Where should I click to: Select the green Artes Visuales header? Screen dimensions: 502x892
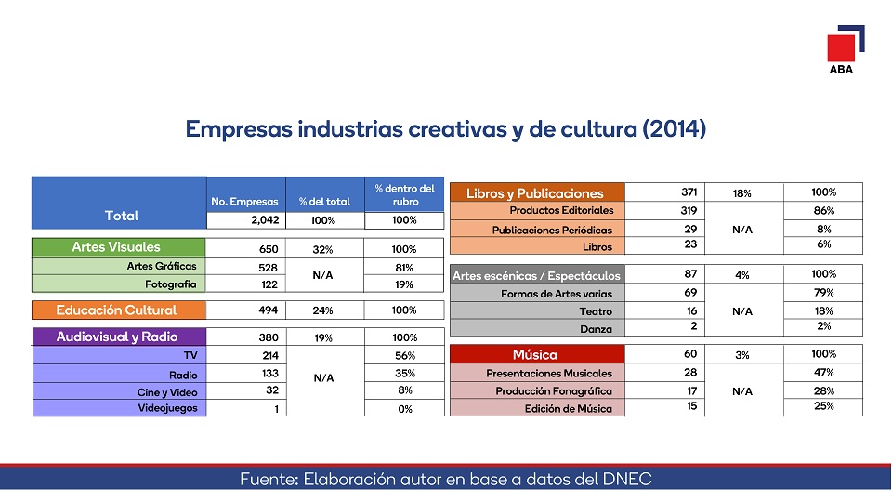tap(116, 247)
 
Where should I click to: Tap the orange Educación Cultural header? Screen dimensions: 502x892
tap(116, 310)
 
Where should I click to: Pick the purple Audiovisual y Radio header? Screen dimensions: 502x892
tap(117, 337)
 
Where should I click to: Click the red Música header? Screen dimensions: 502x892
tap(535, 354)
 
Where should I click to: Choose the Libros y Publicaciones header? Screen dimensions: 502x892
tap(535, 193)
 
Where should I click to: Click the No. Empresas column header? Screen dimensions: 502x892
tap(245, 202)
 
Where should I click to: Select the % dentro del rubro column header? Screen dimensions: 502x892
tap(404, 195)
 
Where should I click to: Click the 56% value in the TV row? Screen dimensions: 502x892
tap(404, 355)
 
